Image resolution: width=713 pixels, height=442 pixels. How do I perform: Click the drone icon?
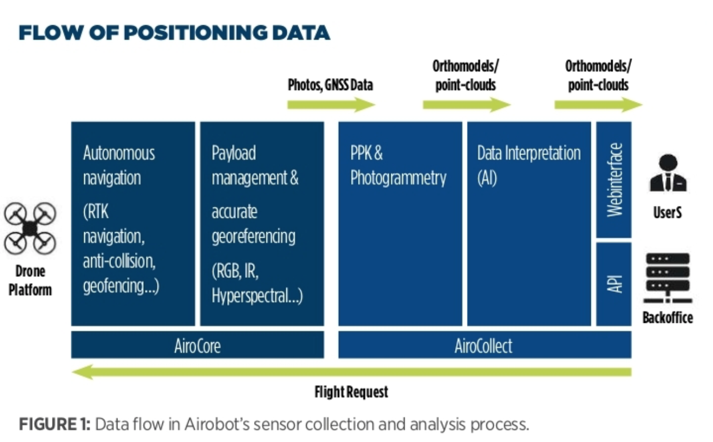coord(30,228)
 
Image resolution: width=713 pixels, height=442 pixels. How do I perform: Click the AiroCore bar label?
coord(197,346)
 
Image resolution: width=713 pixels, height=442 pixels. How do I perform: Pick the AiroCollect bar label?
coord(484,346)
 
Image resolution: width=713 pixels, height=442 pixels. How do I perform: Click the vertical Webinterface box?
coord(614,180)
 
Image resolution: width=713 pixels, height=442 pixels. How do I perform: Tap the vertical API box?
coord(614,284)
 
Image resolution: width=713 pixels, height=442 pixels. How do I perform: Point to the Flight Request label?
coord(352,392)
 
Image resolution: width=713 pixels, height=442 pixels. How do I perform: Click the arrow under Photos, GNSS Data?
coord(331,105)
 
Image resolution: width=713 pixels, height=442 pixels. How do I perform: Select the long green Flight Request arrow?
coord(352,372)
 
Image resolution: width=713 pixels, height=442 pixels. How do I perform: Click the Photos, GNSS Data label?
coord(330,85)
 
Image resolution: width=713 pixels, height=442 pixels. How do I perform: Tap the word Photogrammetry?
coord(398,178)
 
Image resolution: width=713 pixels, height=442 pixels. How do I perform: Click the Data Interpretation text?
coord(529,153)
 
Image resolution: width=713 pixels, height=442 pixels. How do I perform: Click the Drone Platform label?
coord(30,281)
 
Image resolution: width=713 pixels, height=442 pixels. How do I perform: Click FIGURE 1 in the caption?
coord(55,424)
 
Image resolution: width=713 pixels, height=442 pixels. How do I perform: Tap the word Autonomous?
coord(119,153)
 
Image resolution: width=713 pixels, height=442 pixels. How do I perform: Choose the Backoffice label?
coord(668,318)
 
